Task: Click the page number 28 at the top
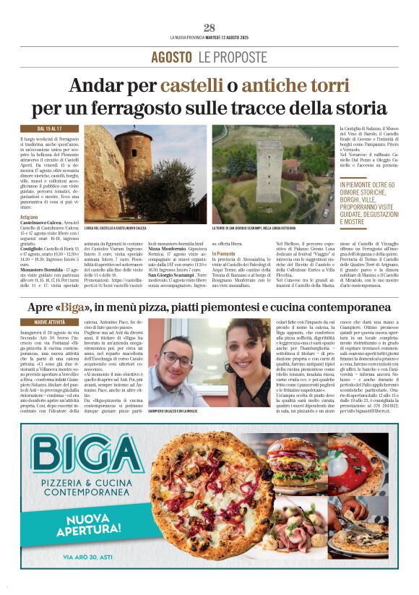209,28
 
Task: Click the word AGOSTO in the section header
172,57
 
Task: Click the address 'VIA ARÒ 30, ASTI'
91,557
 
